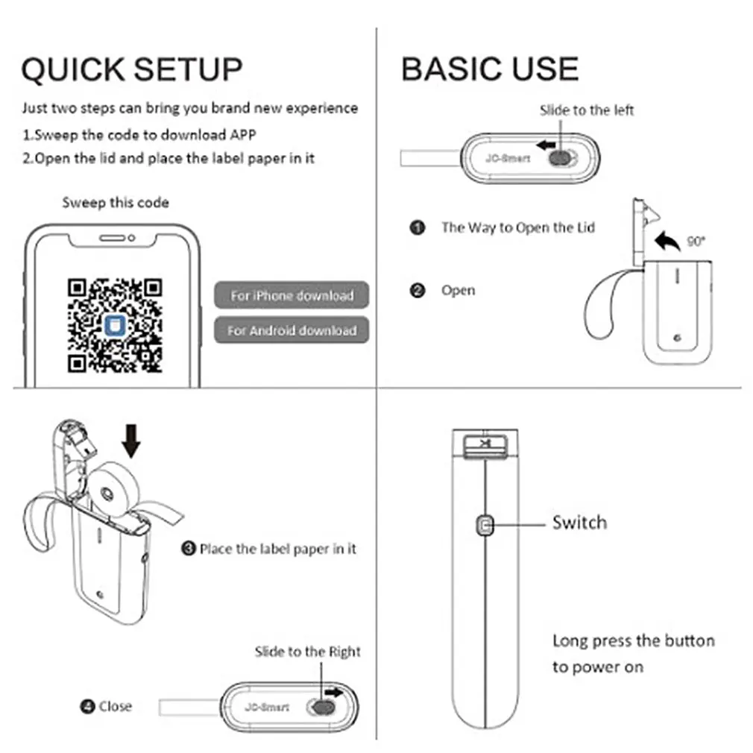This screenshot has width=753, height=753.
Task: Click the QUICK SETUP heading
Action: pos(132,69)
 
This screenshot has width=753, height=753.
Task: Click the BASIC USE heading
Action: pos(490,69)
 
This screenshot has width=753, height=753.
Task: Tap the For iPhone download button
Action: pos(292,294)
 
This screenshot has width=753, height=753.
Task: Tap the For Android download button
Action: pos(292,330)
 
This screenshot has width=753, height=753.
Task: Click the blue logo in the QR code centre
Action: pos(115,326)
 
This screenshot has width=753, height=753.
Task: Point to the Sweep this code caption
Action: pos(116,203)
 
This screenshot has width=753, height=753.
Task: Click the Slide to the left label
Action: pos(586,110)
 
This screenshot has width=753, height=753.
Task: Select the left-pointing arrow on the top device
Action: pos(546,145)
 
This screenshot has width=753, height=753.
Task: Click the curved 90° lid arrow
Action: pos(667,241)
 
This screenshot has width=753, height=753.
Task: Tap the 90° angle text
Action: pos(696,241)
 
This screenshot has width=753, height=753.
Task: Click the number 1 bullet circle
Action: pos(418,227)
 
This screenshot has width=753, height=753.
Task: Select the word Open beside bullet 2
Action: pos(459,291)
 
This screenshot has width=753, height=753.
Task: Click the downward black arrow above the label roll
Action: pos(131,441)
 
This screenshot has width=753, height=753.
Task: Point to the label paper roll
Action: pos(114,491)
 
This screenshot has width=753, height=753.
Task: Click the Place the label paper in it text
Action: pos(277,549)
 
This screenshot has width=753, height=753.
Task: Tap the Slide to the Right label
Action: pos(307,652)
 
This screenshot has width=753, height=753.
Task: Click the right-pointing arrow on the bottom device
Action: pos(334,692)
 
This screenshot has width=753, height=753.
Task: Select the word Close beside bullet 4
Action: pos(116,707)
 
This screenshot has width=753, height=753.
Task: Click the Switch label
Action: pos(579,523)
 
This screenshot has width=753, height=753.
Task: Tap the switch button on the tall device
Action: pos(485,526)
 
